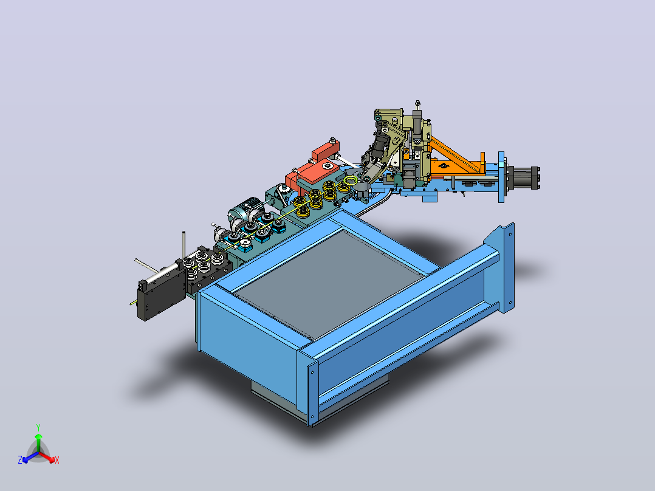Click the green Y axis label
point(38,427)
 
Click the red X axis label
point(57,460)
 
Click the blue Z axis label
point(19,460)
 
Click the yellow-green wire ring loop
point(351,180)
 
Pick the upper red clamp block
point(326,151)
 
